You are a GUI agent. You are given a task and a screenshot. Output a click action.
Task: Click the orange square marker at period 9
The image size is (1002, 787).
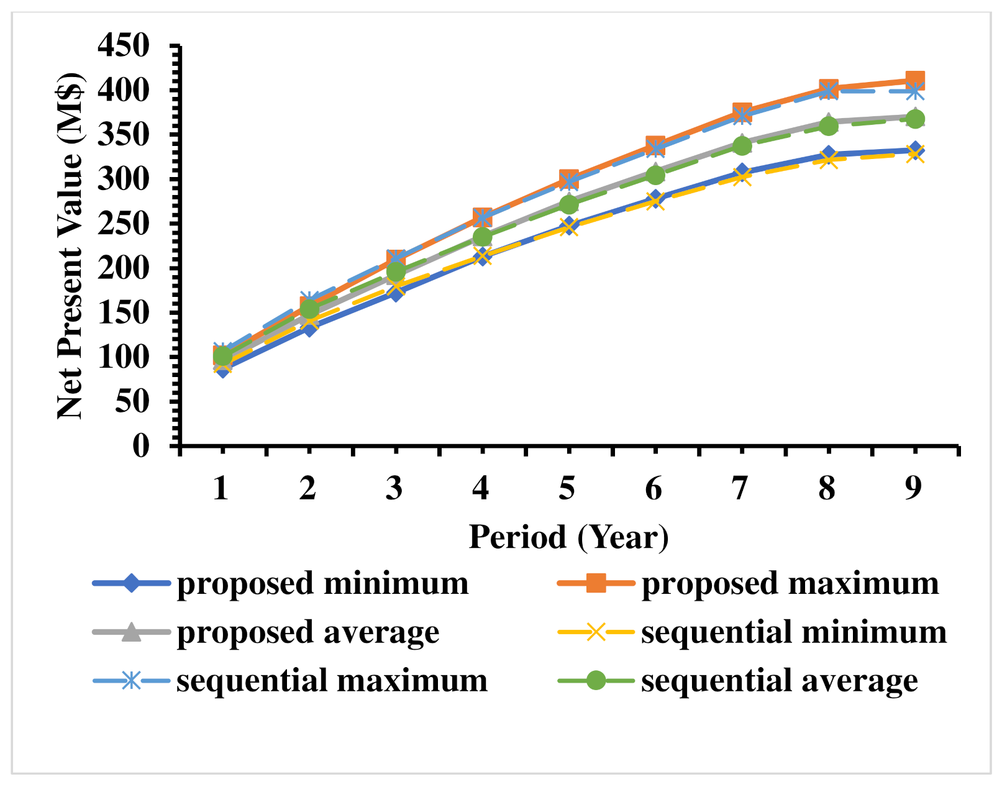click(914, 80)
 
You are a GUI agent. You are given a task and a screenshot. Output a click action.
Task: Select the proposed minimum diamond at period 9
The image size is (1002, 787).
click(914, 149)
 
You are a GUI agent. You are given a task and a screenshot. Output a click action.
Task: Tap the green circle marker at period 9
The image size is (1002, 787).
click(914, 119)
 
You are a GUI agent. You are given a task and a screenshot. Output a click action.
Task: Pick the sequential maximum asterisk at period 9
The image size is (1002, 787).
click(914, 91)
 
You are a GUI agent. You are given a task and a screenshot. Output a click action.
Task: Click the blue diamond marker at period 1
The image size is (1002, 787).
click(222, 370)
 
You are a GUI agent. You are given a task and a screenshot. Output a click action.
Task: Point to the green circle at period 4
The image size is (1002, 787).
click(482, 237)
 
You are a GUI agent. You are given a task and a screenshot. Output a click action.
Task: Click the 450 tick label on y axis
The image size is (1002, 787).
click(124, 45)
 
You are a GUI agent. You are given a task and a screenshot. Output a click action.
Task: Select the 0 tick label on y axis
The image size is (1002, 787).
click(141, 445)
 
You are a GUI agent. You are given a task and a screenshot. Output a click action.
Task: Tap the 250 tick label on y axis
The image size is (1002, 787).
click(124, 224)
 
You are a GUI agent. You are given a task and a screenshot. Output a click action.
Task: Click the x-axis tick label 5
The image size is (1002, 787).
click(567, 489)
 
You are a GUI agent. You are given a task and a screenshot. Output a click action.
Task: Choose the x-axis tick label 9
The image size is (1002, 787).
click(913, 489)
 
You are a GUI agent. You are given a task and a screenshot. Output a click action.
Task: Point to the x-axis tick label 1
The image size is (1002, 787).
click(221, 489)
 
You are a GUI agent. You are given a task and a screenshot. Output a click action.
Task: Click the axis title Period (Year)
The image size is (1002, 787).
click(568, 537)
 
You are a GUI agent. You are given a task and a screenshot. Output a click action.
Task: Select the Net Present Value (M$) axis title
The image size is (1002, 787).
click(70, 245)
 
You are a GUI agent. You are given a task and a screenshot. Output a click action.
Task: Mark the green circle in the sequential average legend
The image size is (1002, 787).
click(596, 680)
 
